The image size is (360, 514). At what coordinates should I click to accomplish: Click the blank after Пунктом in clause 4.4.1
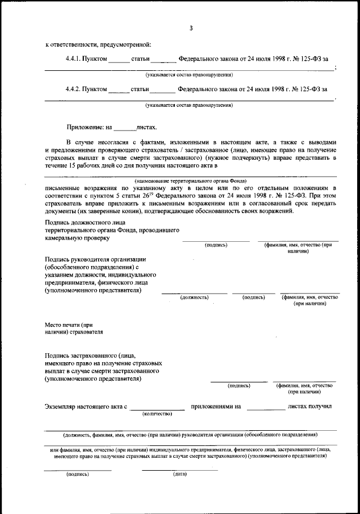click(119, 60)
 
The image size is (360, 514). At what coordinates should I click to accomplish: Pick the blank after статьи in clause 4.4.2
click(163, 91)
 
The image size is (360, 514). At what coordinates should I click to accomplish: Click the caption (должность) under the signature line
click(195, 297)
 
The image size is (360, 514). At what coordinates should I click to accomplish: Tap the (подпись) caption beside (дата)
click(78, 474)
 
